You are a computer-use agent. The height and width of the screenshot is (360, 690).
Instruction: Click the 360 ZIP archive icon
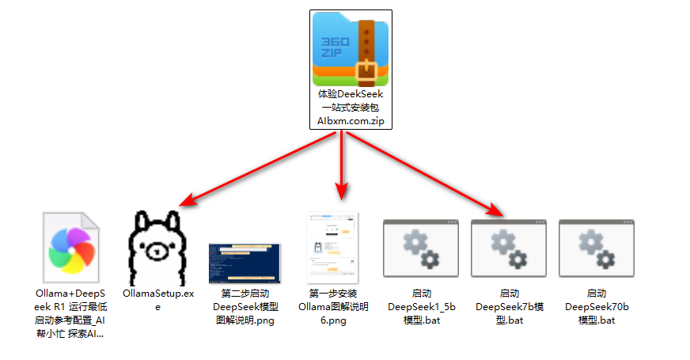pyautogui.click(x=351, y=49)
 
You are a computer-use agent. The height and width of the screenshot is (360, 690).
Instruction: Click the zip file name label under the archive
pyautogui.click(x=351, y=108)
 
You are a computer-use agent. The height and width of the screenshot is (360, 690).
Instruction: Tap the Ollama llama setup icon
pyautogui.click(x=157, y=248)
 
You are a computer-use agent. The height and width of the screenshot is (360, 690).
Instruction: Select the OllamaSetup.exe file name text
pyautogui.click(x=158, y=300)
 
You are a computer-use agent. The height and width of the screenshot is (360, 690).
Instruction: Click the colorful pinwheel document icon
pyautogui.click(x=71, y=248)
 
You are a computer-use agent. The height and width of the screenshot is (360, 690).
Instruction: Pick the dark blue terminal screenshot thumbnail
pyautogui.click(x=245, y=263)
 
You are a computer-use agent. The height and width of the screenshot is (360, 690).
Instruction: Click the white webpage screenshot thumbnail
pyautogui.click(x=332, y=248)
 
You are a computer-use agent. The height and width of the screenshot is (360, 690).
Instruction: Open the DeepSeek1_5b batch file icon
pyautogui.click(x=421, y=248)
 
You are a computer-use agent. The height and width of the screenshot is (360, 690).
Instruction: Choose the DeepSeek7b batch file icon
pyautogui.click(x=509, y=248)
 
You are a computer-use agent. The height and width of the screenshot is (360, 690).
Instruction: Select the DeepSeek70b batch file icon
pyautogui.click(x=597, y=248)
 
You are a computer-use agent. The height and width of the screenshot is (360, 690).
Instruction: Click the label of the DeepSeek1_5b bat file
pyautogui.click(x=422, y=307)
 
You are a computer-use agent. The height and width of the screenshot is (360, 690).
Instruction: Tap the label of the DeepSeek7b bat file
pyautogui.click(x=510, y=307)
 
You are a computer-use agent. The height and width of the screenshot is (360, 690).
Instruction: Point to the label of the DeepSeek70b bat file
pyautogui.click(x=597, y=307)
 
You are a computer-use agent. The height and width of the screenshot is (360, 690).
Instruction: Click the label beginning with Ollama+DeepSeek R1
pyautogui.click(x=70, y=313)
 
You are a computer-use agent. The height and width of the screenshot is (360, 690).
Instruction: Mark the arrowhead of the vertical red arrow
pyautogui.click(x=342, y=191)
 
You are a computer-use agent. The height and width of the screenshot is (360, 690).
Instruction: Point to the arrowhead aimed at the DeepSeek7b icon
pyautogui.click(x=496, y=209)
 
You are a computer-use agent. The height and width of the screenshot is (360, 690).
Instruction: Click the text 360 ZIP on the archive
pyautogui.click(x=335, y=47)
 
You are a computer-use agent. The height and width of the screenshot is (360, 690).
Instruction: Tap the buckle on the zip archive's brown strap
pyautogui.click(x=366, y=71)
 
